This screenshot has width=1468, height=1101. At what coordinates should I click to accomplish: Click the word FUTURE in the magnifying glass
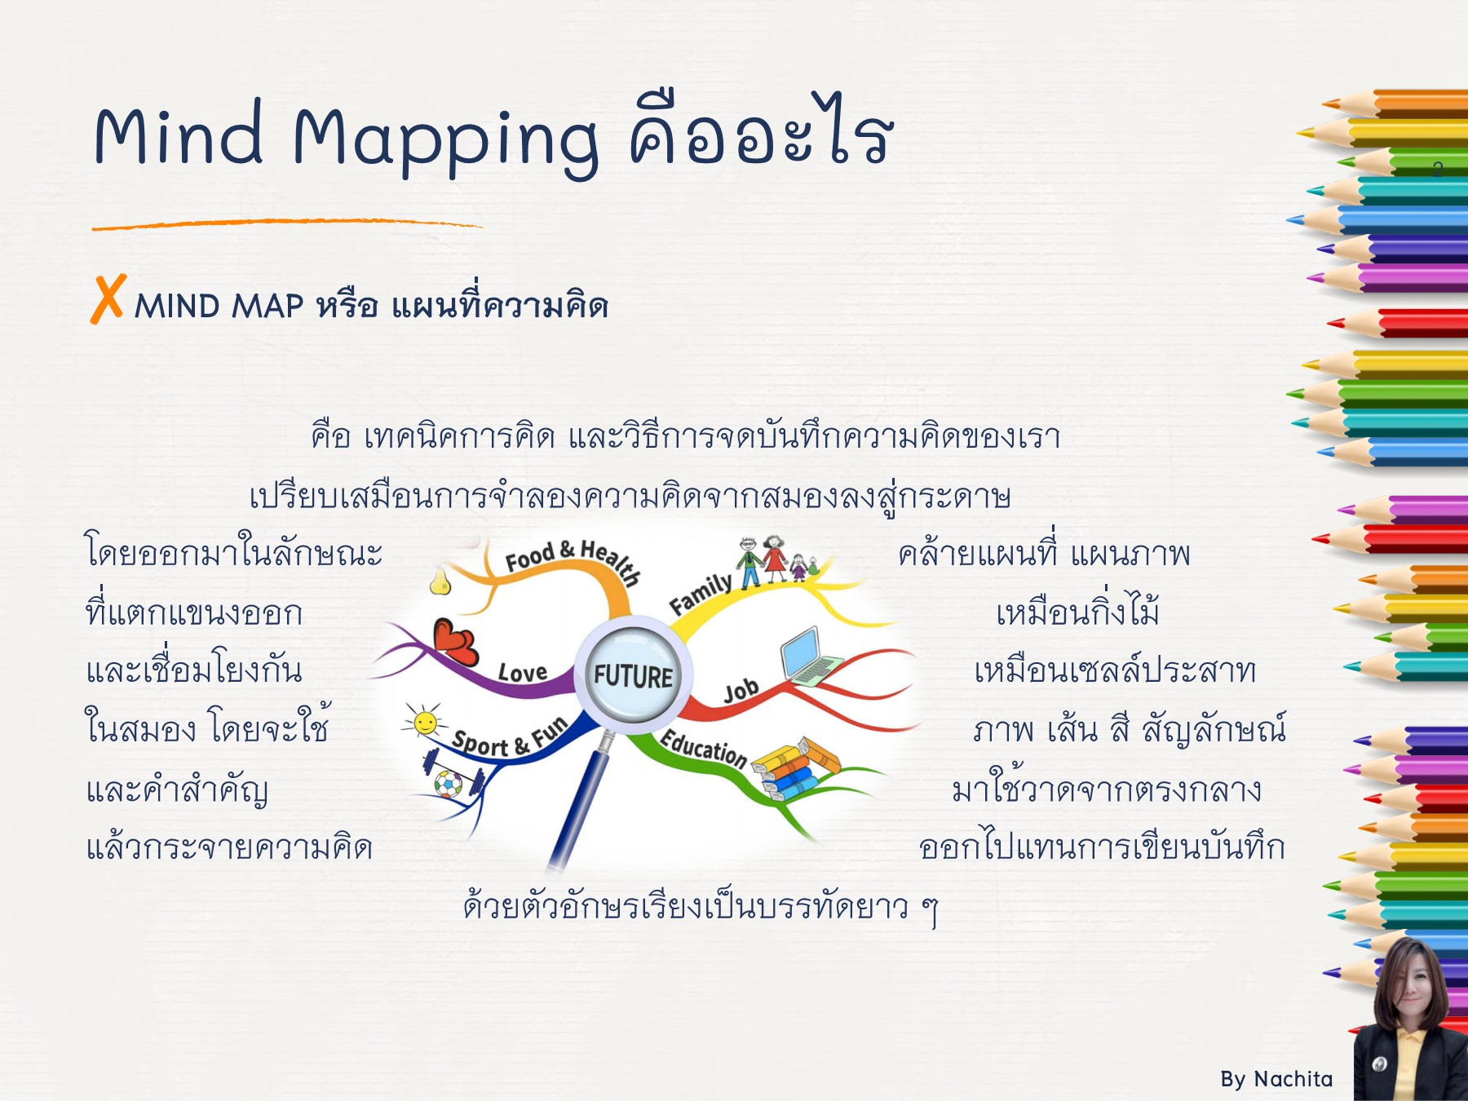pyautogui.click(x=633, y=675)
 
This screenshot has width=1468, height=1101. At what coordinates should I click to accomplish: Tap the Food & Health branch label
pyautogui.click(x=571, y=559)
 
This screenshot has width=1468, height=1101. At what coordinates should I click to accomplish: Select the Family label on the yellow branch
pyautogui.click(x=700, y=593)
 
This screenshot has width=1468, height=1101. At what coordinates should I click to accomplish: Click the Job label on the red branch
pyautogui.click(x=741, y=692)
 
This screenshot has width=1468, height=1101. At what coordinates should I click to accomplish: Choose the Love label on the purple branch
pyautogui.click(x=523, y=673)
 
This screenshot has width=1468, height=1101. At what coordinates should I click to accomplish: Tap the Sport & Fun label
pyautogui.click(x=510, y=739)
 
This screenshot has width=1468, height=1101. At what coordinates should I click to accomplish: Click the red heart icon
pyautogui.click(x=454, y=641)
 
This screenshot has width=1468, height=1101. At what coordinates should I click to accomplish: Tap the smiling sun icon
pyautogui.click(x=425, y=722)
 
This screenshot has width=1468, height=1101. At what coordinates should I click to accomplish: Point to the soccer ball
pyautogui.click(x=448, y=785)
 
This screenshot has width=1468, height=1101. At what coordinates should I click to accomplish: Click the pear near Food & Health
pyautogui.click(x=440, y=580)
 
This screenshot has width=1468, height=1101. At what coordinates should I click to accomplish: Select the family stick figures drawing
pyautogui.click(x=775, y=561)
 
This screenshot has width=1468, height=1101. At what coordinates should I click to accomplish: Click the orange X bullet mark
pyautogui.click(x=108, y=298)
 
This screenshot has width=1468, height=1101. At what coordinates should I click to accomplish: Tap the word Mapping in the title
pyautogui.click(x=445, y=139)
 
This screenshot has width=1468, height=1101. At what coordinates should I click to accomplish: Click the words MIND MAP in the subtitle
pyautogui.click(x=219, y=307)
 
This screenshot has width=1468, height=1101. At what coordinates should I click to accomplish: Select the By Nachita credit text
pyautogui.click(x=1276, y=1079)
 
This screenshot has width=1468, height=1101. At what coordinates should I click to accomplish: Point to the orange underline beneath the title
pyautogui.click(x=285, y=223)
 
